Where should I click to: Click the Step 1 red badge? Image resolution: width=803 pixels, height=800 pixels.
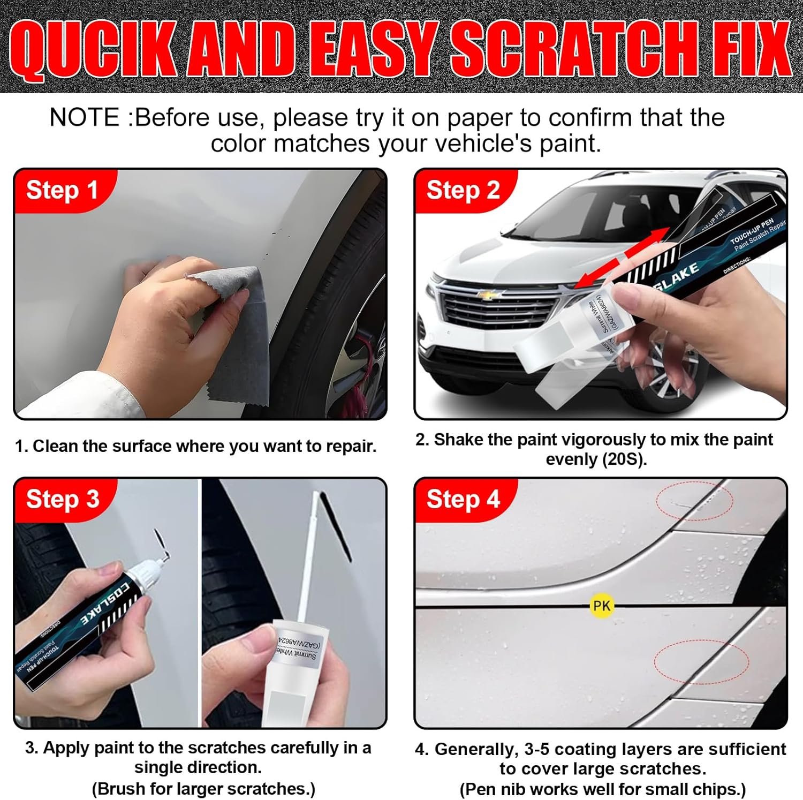click(62, 190)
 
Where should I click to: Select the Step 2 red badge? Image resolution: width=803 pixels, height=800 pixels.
click(463, 190)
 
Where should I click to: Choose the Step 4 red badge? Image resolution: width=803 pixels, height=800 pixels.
click(463, 499)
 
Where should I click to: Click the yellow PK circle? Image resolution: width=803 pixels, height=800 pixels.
click(601, 606)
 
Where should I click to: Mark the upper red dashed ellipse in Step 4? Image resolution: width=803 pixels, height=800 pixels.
click(694, 500)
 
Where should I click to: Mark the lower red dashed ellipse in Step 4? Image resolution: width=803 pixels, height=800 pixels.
click(701, 661)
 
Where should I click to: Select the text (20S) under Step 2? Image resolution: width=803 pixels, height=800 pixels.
click(623, 459)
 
